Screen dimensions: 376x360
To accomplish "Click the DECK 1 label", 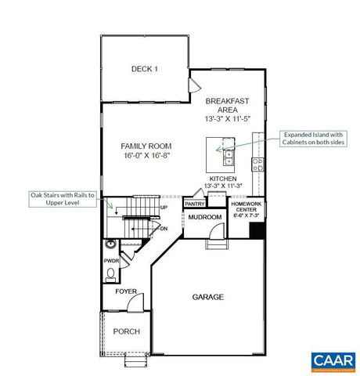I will pos(144,69).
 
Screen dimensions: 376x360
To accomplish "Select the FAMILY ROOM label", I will pos(146,146).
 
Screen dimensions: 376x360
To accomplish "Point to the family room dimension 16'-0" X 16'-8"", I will pos(146,156).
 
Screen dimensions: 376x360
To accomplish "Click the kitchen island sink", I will pos(229,156).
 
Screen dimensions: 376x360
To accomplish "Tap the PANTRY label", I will pos(194,204).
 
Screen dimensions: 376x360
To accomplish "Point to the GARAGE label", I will pos(208,297).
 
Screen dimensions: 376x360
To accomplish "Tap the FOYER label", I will pos(127,291).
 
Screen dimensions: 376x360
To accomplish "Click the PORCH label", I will pos(127,331).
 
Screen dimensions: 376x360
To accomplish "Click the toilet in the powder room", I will pos(112,274).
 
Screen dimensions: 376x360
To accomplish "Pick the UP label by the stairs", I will pos(164,207).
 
